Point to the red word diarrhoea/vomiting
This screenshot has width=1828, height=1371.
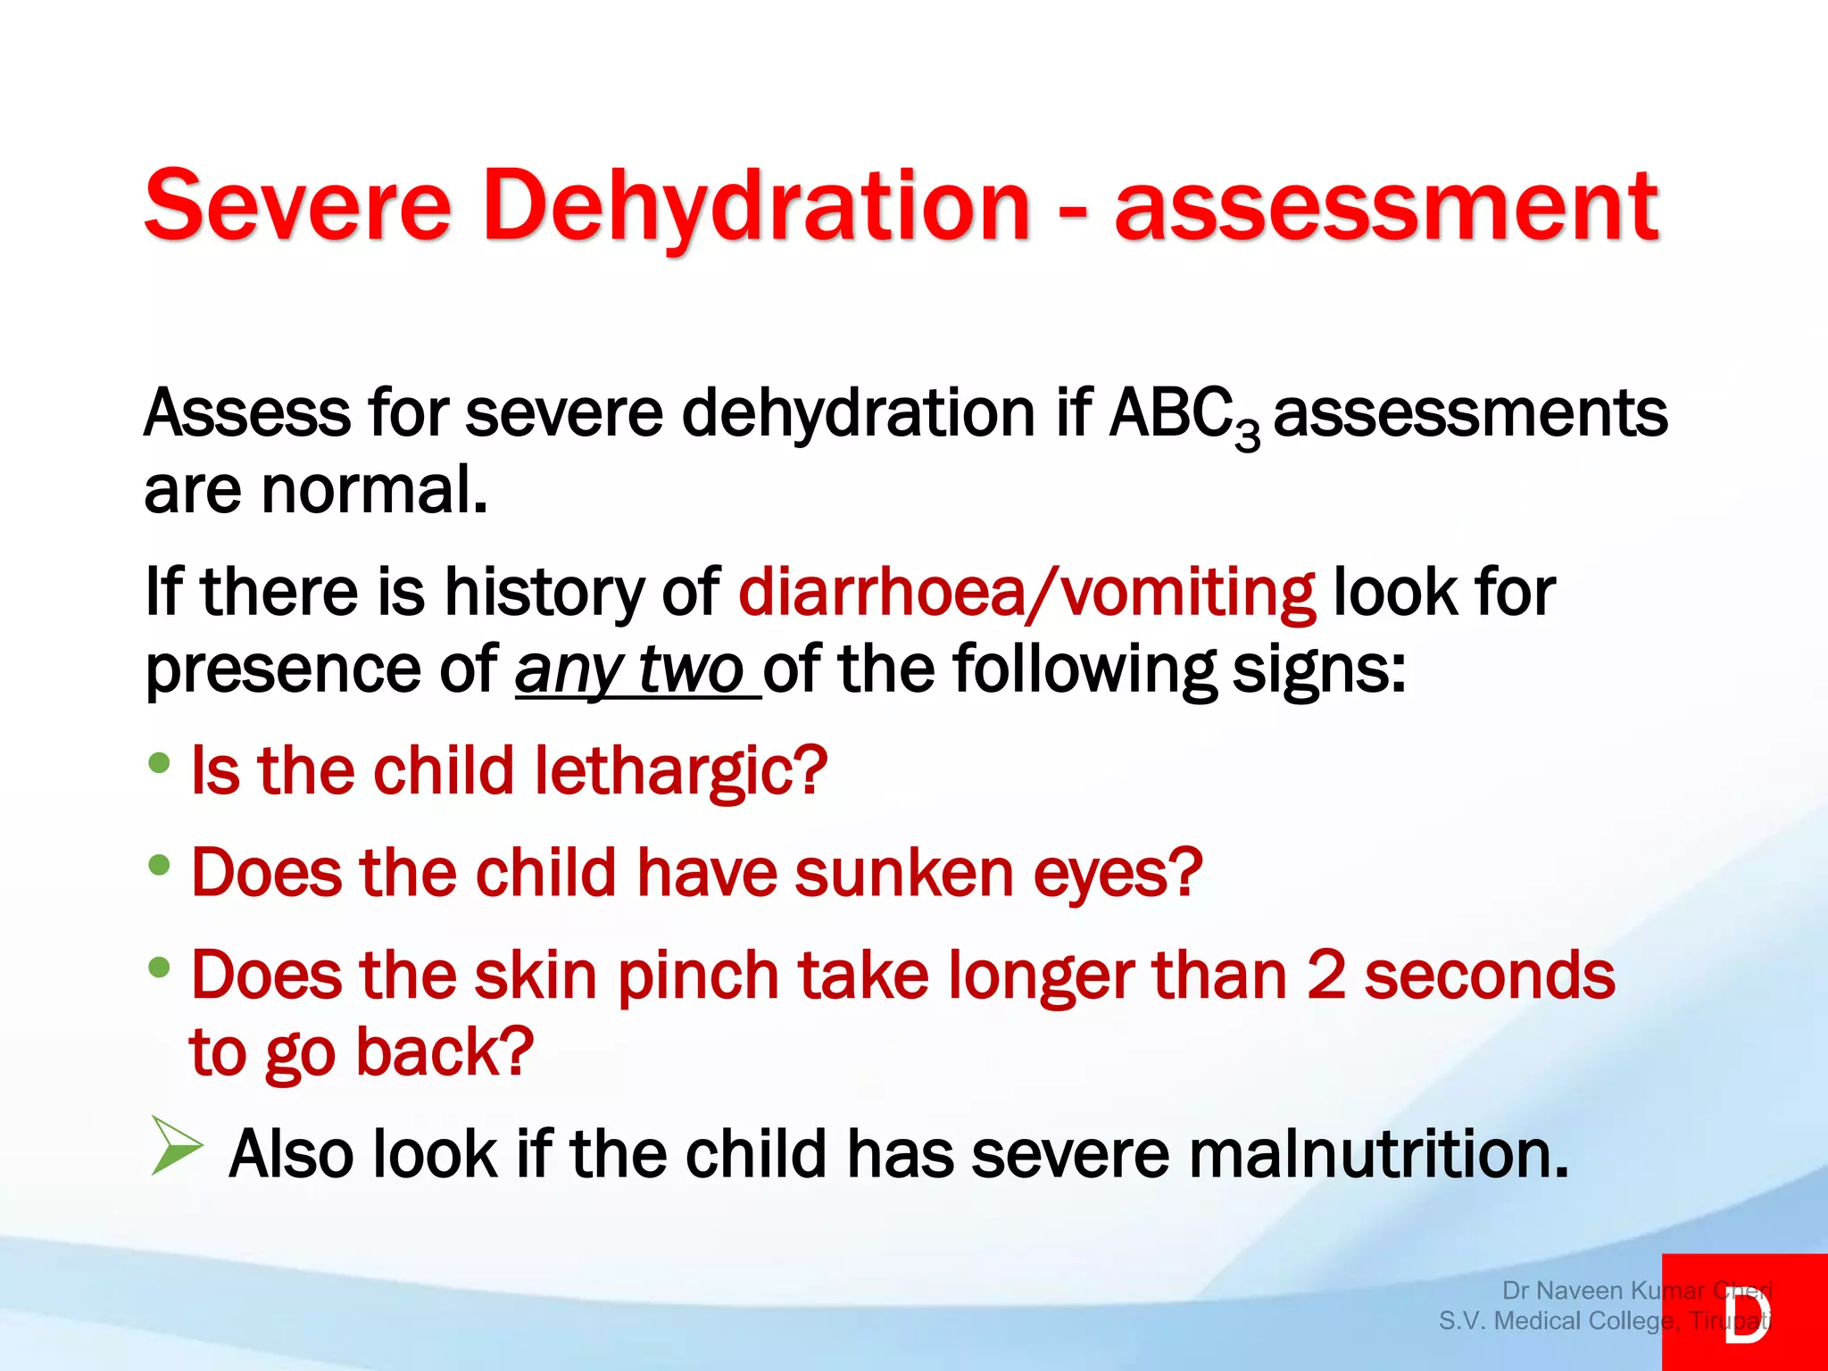coord(1026,592)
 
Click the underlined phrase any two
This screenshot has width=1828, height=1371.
coord(629,669)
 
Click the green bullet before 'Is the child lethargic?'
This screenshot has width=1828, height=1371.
coord(160,763)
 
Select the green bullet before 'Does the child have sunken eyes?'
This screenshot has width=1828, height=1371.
coord(160,865)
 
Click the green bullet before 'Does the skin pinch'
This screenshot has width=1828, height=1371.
coord(160,967)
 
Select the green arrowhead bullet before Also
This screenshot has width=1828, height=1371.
coord(176,1145)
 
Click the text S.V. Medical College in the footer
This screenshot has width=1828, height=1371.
coord(1556,1320)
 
